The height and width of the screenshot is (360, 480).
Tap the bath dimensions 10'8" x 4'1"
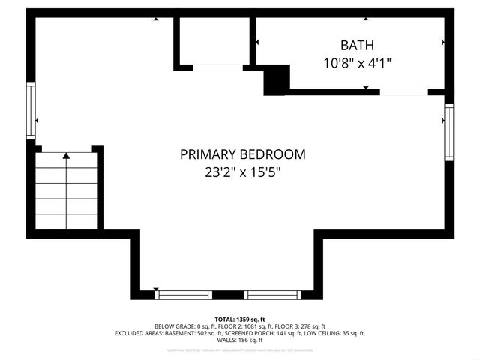[x=356, y=63]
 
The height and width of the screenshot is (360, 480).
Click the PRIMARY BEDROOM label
[x=243, y=154]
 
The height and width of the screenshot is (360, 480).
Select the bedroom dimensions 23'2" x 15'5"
[x=243, y=172]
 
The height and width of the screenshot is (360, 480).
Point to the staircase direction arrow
[x=67, y=156]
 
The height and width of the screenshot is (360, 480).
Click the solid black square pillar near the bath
[x=277, y=79]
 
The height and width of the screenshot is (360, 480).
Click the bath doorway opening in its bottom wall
[x=403, y=92]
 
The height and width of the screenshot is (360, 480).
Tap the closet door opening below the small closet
[x=217, y=68]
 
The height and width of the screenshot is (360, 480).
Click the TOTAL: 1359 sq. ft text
[x=240, y=319]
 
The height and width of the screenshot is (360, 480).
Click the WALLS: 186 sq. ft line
[x=240, y=340]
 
